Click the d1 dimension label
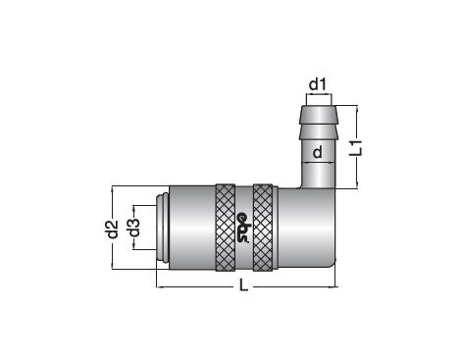[318, 84]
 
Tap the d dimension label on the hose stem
[318, 152]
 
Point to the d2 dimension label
[113, 229]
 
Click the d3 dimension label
[134, 228]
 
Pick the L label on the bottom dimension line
[243, 285]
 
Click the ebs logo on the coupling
[243, 228]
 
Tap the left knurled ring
[226, 228]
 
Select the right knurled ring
[263, 228]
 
